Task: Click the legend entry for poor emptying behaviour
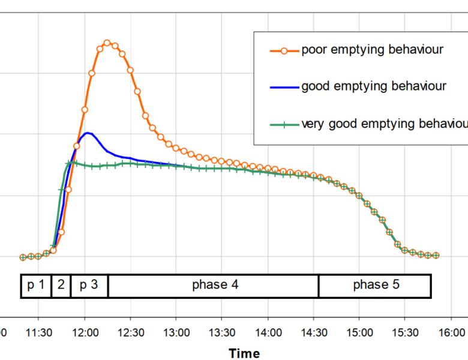(372, 49)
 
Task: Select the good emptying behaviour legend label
(373, 86)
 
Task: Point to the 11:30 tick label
(38, 332)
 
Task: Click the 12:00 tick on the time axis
(85, 332)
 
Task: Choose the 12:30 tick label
(130, 332)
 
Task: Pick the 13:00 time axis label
(176, 332)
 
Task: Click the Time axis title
(244, 353)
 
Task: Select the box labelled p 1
(36, 285)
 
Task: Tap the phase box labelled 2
(61, 285)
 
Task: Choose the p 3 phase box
(89, 285)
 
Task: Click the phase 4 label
(215, 285)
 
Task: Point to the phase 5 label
(376, 285)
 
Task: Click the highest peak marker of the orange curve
(107, 43)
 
